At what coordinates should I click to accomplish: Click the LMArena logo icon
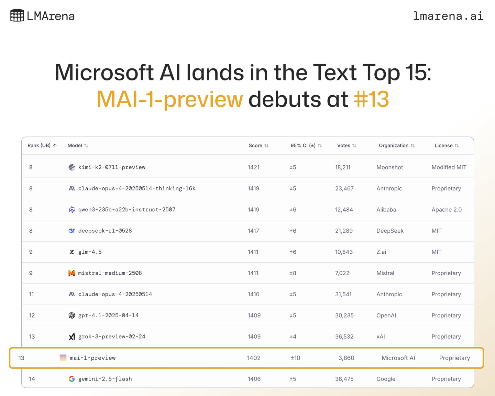point(17,16)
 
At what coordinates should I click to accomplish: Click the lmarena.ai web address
point(448,16)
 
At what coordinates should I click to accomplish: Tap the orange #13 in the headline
point(371,99)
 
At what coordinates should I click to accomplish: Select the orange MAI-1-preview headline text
point(170,99)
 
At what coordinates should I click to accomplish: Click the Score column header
point(255,146)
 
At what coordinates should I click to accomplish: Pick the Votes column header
point(343,146)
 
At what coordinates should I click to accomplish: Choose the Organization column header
point(394,146)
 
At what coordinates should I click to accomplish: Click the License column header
point(443,146)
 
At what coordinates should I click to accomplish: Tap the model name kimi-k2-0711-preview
point(112,167)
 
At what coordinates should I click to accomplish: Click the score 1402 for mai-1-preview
point(254,358)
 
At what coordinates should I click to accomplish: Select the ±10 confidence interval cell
point(295,358)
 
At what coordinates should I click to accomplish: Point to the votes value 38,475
point(344,379)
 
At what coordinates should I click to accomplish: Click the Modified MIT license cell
point(449,167)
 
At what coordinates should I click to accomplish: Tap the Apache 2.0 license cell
point(447,210)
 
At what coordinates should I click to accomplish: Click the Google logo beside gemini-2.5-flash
point(72,379)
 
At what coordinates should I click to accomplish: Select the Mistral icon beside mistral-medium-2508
point(72,273)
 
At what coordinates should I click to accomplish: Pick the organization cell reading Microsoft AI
point(398,358)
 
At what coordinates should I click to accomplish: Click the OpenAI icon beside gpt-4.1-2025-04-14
point(72,316)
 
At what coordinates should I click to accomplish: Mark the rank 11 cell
point(31,294)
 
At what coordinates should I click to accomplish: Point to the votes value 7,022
point(342,273)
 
